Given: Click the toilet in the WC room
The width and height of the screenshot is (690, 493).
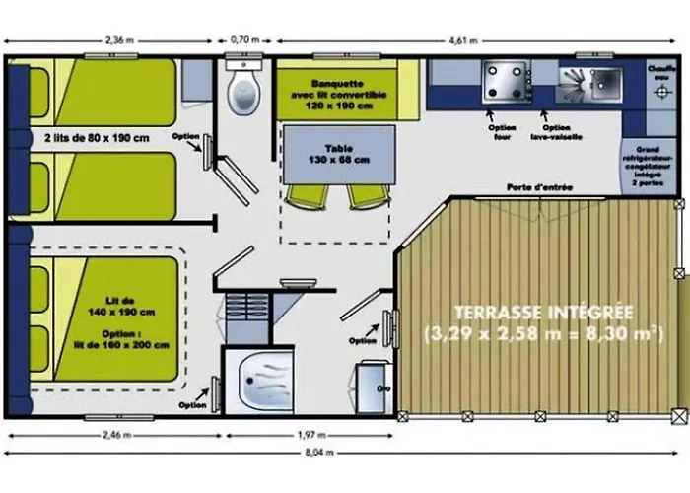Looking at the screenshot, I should [241, 92].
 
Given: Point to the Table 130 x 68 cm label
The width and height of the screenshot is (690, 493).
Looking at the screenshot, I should [326, 153].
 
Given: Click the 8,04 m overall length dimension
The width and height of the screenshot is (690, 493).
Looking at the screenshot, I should [344, 453].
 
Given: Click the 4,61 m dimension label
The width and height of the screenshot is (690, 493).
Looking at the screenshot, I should [462, 40].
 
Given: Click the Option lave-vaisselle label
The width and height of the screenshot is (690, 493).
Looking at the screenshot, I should [557, 132].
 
